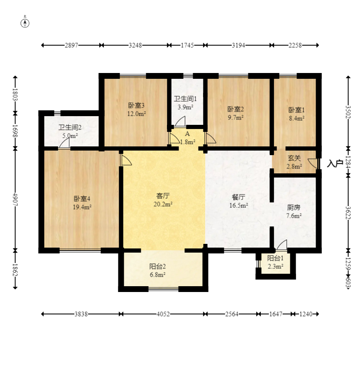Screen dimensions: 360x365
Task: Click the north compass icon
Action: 25,23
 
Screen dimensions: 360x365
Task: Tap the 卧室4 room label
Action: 82,199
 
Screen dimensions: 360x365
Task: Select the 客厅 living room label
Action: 163,196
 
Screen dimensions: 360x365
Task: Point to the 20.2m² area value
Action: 163,204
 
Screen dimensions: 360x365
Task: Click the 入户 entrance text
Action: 335,163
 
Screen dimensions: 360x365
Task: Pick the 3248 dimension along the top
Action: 135,45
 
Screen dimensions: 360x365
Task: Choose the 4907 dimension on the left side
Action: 15,199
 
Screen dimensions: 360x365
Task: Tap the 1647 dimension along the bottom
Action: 276,314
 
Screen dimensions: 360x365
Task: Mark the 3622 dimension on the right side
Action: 348,213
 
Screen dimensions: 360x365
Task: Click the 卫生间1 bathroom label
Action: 185,99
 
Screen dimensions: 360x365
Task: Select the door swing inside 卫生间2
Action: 64,143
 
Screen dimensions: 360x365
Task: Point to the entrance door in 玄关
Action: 313,164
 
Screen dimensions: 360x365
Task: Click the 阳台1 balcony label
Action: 275,258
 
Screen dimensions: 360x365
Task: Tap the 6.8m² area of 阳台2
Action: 157,275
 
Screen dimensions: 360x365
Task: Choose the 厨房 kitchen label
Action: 294,207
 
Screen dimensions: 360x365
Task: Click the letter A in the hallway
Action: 187,134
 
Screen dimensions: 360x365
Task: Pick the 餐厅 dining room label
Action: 238,197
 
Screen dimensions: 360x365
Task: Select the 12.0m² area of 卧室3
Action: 137,114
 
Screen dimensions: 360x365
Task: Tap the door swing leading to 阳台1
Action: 282,245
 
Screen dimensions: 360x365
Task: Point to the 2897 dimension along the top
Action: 71,45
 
